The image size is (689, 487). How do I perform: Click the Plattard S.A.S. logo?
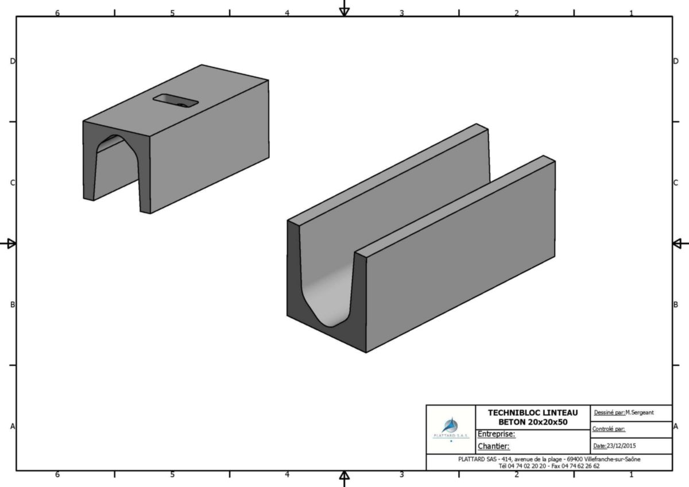pyautogui.click(x=451, y=428)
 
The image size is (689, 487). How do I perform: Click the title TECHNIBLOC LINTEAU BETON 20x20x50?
pyautogui.click(x=533, y=417)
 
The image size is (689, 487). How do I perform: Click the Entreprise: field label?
pyautogui.click(x=496, y=434)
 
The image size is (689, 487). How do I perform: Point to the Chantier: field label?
pyautogui.click(x=493, y=446)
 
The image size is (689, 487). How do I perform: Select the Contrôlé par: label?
pyautogui.click(x=609, y=429)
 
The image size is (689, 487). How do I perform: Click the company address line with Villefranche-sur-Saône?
pyautogui.click(x=549, y=459)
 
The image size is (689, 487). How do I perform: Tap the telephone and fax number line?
pyautogui.click(x=549, y=466)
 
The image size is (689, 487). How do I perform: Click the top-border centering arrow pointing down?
pyautogui.click(x=344, y=8)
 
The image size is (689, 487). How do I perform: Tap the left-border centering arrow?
pyautogui.click(x=8, y=243)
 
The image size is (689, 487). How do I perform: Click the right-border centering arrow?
pyautogui.click(x=680, y=243)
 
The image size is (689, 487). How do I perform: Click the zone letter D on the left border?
pyautogui.click(x=13, y=61)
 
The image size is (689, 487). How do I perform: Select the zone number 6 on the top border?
pyautogui.click(x=57, y=13)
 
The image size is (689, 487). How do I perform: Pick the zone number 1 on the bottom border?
pyautogui.click(x=631, y=474)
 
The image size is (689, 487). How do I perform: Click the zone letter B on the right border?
pyautogui.click(x=676, y=304)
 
